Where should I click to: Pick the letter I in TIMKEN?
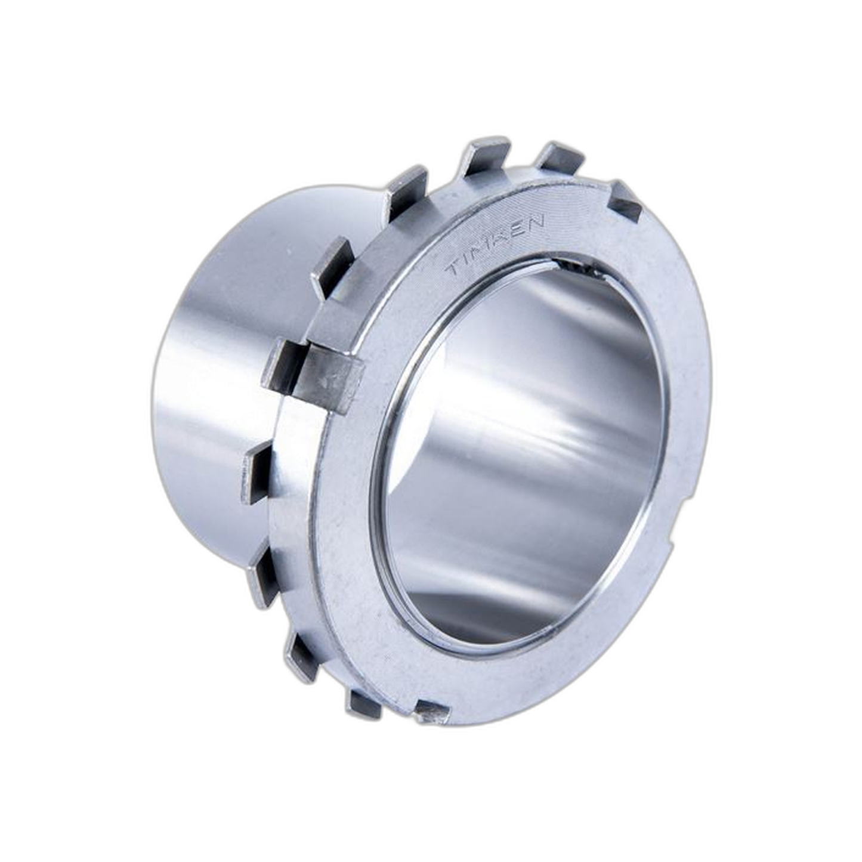pos(469,259)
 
